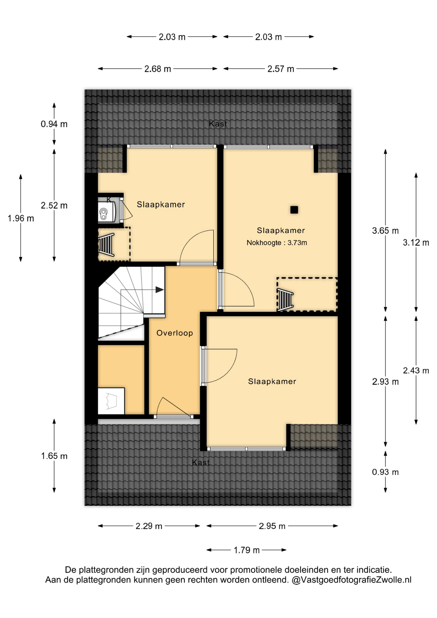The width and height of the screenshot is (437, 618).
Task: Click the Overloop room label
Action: [x=175, y=333]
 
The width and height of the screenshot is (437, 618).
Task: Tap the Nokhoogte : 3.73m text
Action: [x=277, y=243]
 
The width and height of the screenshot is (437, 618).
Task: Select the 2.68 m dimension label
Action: [x=158, y=69]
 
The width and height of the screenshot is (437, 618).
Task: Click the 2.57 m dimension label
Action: [x=281, y=69]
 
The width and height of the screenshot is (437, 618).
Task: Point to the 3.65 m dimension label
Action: [x=385, y=231]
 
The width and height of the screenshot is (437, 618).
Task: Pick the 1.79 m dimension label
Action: [x=246, y=550]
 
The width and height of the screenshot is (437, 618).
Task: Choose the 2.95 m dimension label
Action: [x=272, y=526]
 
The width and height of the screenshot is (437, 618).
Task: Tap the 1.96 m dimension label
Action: [x=21, y=219]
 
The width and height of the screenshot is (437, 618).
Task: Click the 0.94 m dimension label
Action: [x=54, y=124]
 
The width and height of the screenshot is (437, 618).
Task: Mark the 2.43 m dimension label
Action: [x=416, y=371]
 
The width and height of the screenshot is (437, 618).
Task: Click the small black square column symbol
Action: [x=294, y=210]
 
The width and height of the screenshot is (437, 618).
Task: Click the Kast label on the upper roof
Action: [x=218, y=124]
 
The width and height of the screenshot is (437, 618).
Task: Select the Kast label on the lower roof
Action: [x=201, y=463]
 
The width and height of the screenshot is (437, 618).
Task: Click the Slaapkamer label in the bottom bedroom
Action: [x=272, y=381]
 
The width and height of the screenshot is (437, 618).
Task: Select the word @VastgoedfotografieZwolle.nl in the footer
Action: [x=351, y=580]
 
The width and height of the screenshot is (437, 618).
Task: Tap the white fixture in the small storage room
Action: [x=111, y=401]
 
